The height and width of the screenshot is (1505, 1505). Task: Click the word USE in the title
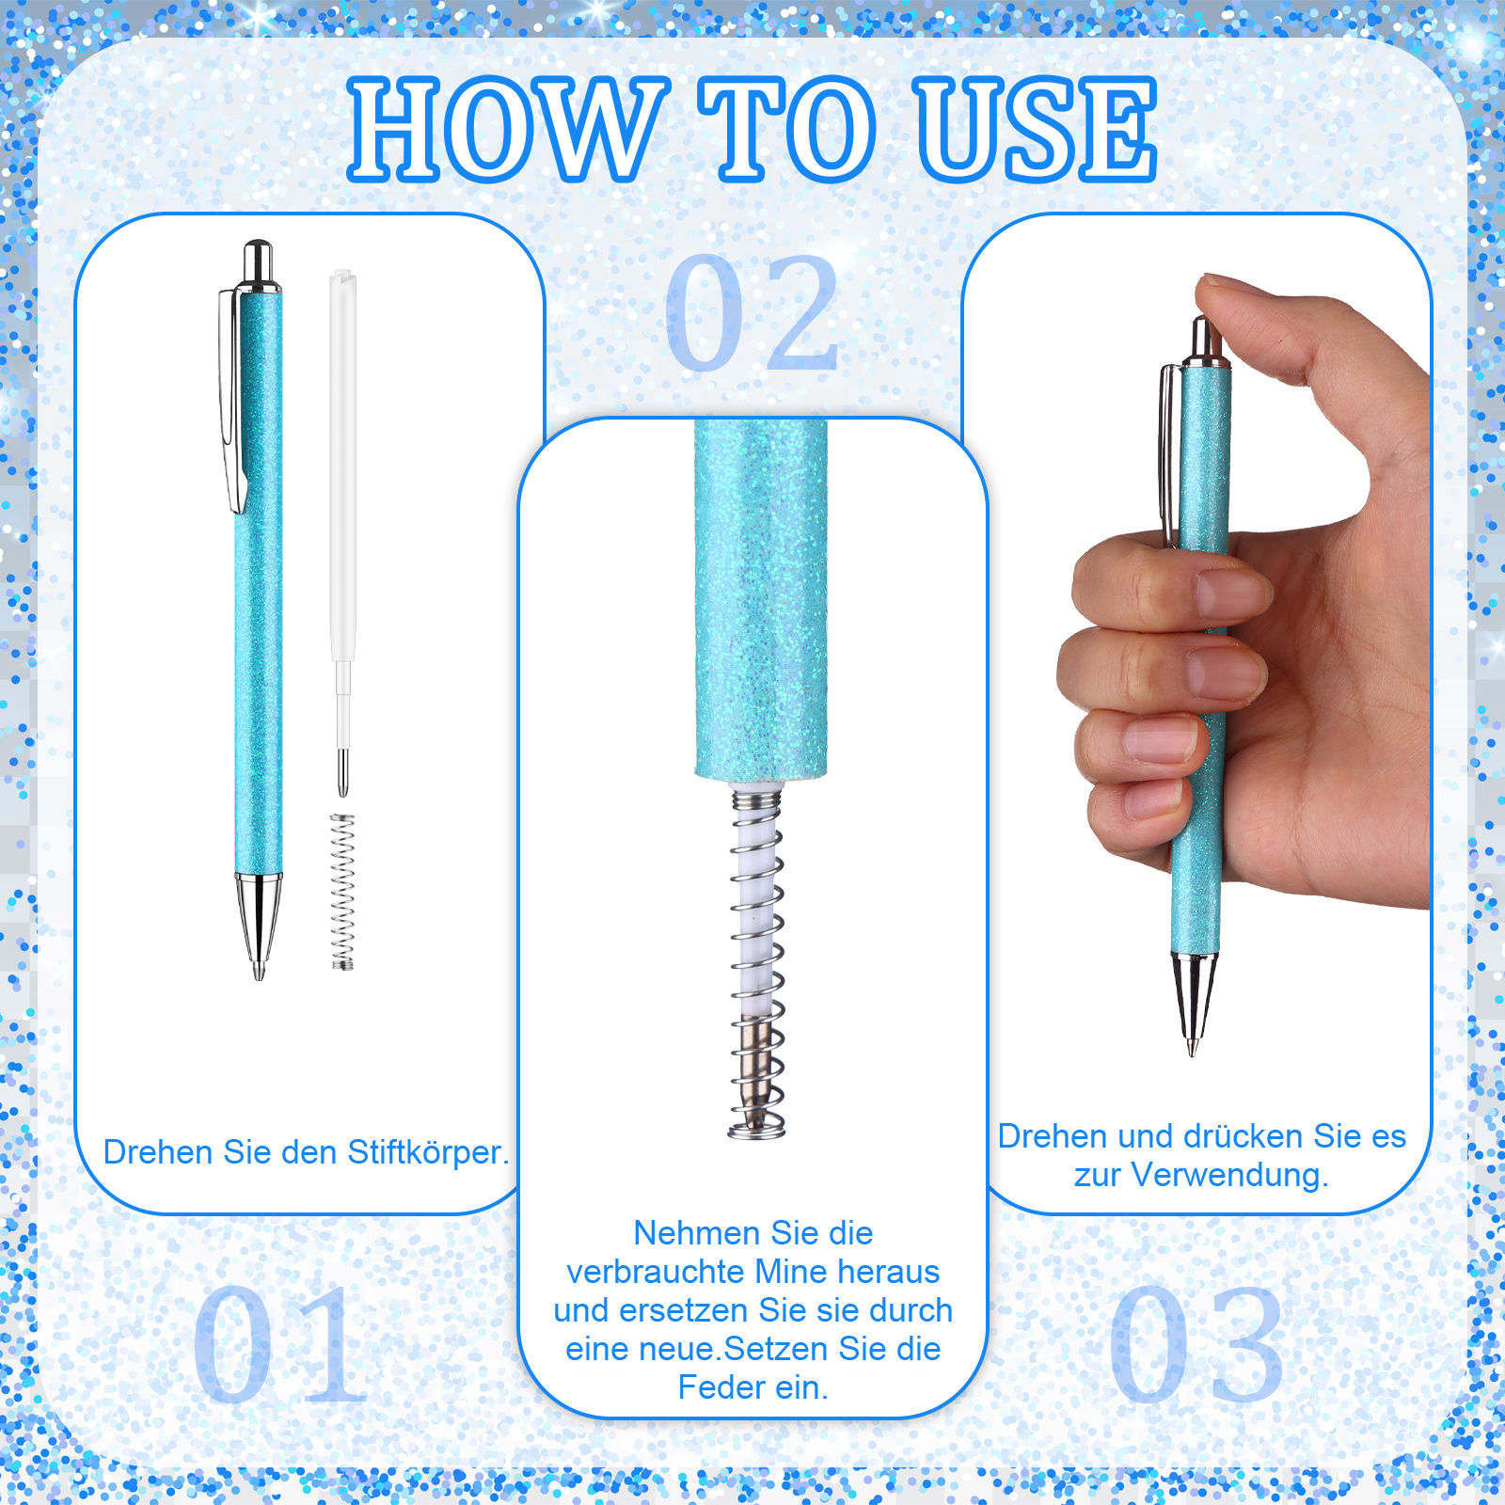1036,129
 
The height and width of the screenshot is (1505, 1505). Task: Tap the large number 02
752,312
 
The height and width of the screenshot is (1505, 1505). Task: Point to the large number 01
279,1343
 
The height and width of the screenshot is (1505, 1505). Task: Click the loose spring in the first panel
342,892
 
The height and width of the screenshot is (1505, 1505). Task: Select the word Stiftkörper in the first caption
428,1152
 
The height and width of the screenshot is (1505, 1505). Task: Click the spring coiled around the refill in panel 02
757,964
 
